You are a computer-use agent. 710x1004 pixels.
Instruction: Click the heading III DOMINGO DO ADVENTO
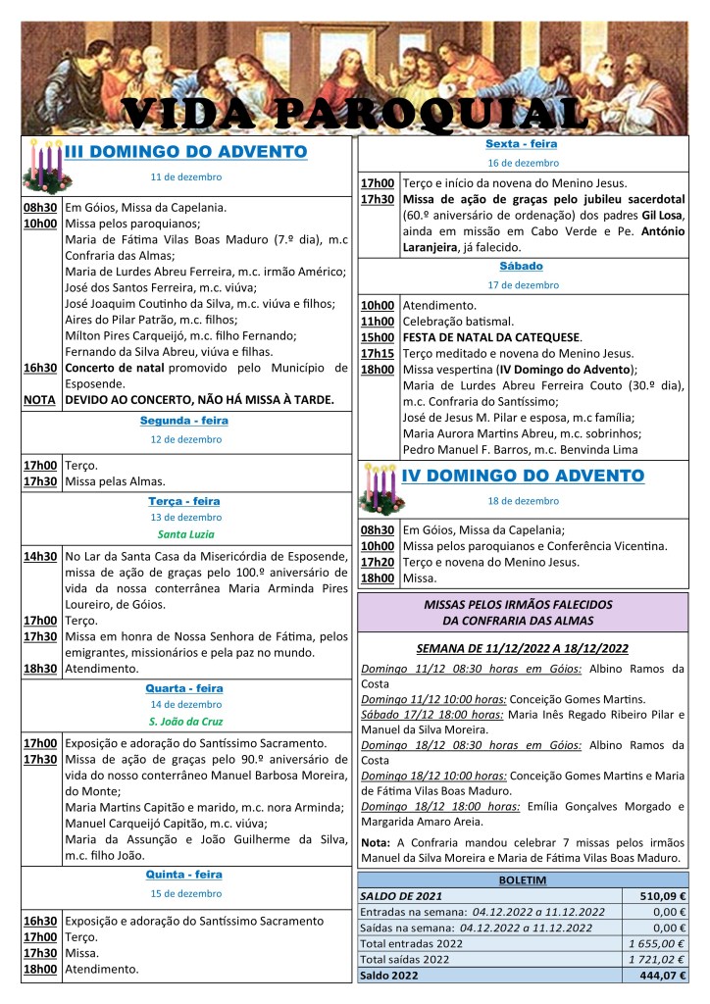click(x=186, y=151)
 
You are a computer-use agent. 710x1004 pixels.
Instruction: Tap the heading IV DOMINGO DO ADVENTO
click(x=523, y=476)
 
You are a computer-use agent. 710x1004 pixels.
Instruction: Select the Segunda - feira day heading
click(x=184, y=420)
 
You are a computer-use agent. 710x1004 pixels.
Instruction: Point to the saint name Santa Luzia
click(x=184, y=534)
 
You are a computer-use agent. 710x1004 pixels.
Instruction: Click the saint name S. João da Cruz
click(x=184, y=722)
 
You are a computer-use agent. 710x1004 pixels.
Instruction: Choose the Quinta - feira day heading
click(x=184, y=874)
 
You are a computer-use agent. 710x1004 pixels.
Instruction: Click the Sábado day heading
click(x=521, y=266)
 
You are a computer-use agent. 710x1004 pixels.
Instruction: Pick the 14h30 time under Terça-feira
click(x=40, y=557)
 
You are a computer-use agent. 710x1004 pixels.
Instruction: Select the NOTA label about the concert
click(x=39, y=400)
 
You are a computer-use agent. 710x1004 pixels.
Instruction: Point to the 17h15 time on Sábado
click(x=378, y=353)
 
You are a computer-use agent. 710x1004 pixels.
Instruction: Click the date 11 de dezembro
click(x=185, y=176)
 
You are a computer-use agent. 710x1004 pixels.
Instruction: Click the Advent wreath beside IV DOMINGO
click(x=380, y=487)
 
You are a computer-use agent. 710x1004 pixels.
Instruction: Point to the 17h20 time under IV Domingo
click(x=378, y=562)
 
